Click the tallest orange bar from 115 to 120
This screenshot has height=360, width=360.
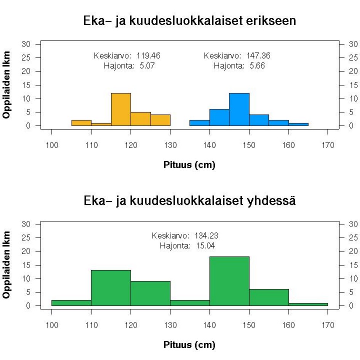pyautogui.click(x=121, y=109)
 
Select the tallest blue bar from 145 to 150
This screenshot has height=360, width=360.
pyautogui.click(x=239, y=109)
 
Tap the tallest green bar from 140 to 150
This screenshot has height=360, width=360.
pyautogui.click(x=229, y=281)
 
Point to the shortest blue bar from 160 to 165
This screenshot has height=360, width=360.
pyautogui.click(x=298, y=124)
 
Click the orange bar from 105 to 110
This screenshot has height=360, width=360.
pyautogui.click(x=82, y=123)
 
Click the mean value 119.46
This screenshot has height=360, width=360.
pyautogui.click(x=149, y=56)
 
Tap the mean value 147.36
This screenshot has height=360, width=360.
pyautogui.click(x=259, y=56)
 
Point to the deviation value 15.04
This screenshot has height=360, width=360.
pyautogui.click(x=206, y=246)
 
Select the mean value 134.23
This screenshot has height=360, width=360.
pyautogui.click(x=206, y=235)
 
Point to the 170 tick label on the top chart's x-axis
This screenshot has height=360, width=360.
pyautogui.click(x=328, y=145)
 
